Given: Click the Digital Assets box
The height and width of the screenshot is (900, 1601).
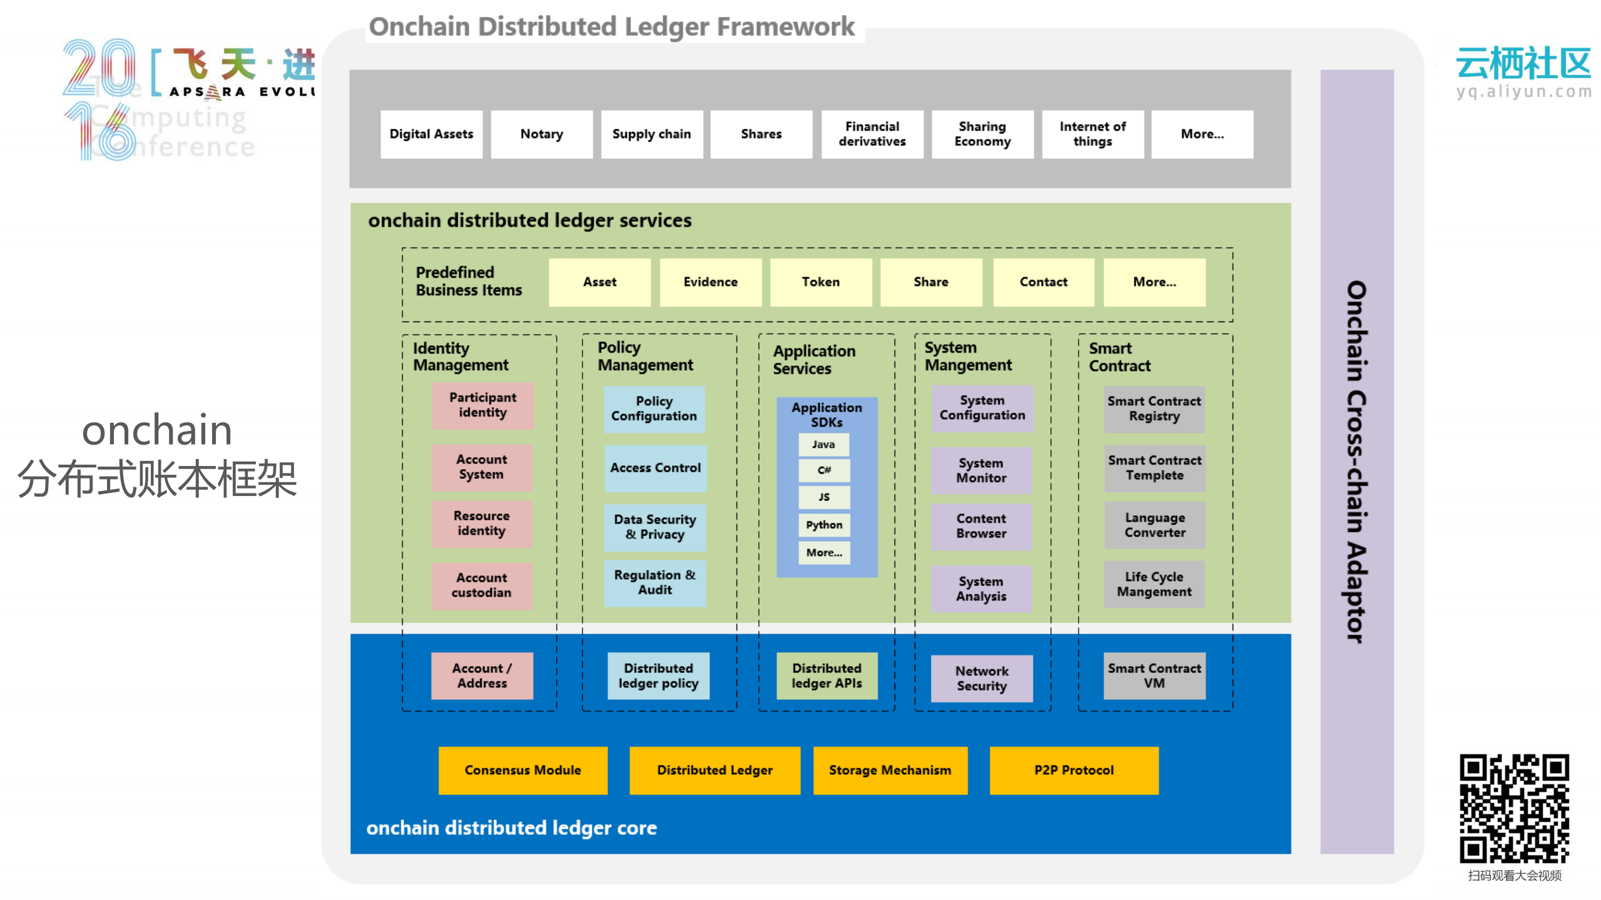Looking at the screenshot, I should [x=431, y=134].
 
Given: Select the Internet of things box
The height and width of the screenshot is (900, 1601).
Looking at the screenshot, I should [x=1092, y=134].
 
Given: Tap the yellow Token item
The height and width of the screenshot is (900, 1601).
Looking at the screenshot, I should [x=820, y=282].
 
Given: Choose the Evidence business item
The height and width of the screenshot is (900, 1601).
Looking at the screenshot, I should [x=710, y=282].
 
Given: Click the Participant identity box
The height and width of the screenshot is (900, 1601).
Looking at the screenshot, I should [x=482, y=405].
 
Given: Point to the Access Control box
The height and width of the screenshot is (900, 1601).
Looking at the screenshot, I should [x=655, y=468].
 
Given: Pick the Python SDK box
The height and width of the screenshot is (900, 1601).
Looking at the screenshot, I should [x=823, y=525].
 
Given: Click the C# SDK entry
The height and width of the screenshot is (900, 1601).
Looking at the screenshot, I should [x=823, y=470].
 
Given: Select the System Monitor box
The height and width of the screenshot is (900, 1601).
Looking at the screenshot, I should [x=981, y=470].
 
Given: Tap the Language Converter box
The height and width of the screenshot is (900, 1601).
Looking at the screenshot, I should [x=1154, y=525].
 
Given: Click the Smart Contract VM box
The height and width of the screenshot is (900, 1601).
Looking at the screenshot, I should [x=1154, y=676].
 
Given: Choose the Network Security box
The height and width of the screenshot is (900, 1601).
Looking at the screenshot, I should [x=981, y=679].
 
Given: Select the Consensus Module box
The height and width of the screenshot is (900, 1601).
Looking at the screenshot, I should [x=522, y=771].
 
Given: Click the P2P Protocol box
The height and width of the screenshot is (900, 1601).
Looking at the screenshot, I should [x=1074, y=771].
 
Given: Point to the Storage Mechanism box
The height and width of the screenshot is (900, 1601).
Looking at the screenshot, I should [x=890, y=771].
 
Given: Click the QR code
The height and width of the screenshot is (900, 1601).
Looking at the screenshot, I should [x=1514, y=809].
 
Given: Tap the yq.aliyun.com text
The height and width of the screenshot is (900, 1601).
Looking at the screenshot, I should [x=1523, y=91].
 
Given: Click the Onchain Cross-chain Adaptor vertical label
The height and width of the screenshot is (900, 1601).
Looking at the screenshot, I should [x=1356, y=462].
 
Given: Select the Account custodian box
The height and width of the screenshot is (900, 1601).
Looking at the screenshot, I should [x=481, y=585].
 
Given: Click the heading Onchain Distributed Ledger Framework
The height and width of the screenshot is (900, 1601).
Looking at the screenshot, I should [x=611, y=27].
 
